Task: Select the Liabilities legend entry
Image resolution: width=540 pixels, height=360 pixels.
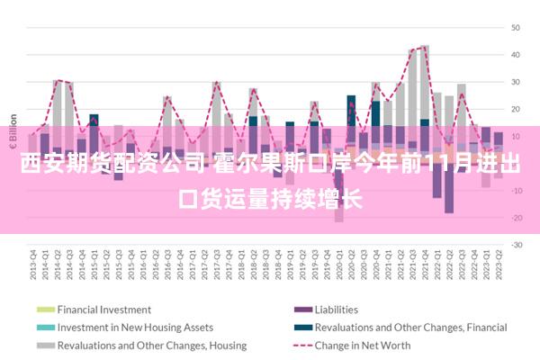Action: (x=336, y=309)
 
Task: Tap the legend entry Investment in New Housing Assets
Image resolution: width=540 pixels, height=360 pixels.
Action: (x=135, y=327)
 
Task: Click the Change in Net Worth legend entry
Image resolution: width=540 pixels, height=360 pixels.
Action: (x=363, y=345)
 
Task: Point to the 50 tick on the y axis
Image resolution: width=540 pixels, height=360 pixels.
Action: (x=517, y=28)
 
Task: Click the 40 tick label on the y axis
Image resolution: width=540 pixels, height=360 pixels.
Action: (x=517, y=55)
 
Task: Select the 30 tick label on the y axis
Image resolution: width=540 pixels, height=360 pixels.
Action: (x=517, y=82)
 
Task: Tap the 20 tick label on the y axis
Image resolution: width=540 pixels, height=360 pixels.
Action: (x=517, y=109)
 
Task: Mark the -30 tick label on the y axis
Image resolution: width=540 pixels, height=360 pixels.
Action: (x=516, y=244)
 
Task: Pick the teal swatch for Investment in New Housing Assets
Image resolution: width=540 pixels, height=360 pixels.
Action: (x=46, y=327)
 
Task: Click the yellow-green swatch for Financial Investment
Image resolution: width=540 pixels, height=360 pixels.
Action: (x=46, y=309)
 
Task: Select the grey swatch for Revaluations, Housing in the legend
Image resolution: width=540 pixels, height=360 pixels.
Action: (x=46, y=345)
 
